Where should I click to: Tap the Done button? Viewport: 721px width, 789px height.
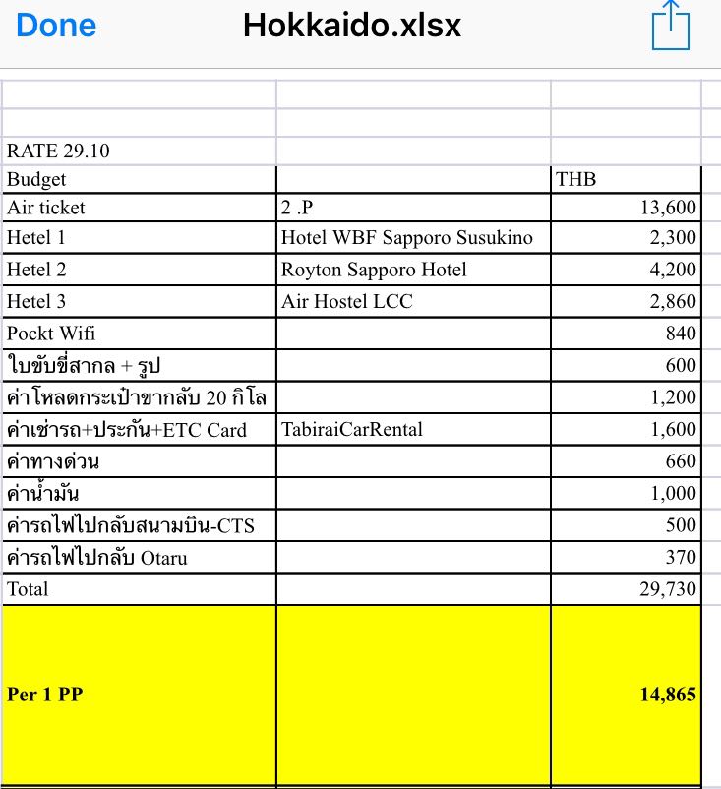click(56, 26)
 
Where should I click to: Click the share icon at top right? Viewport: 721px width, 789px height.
click(671, 26)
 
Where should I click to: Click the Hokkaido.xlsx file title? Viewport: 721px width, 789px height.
click(352, 26)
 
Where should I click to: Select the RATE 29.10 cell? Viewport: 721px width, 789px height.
click(58, 152)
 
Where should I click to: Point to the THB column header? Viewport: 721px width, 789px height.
click(576, 180)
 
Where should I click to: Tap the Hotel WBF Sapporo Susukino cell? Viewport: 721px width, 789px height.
click(406, 238)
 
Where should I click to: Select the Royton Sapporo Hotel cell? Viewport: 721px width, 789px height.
click(374, 270)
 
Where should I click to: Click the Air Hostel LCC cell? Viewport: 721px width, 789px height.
click(347, 302)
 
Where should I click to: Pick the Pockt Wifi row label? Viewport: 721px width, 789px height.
click(51, 334)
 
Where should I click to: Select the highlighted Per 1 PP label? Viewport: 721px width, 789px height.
click(45, 695)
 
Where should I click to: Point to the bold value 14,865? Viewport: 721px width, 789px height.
click(668, 695)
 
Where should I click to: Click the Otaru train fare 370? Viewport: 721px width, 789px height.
click(680, 558)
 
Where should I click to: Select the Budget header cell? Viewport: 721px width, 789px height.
click(36, 180)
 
